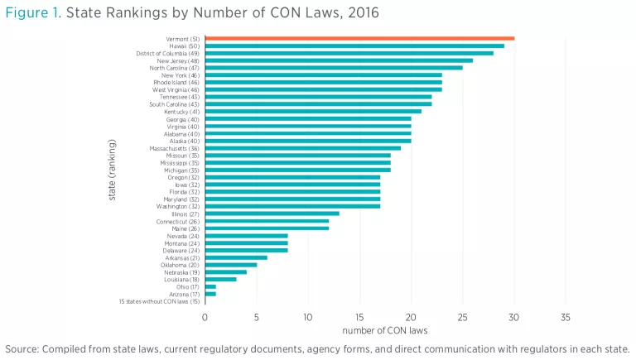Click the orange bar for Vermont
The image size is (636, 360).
(359, 38)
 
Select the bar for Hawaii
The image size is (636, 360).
(354, 46)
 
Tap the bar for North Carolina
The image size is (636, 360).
(334, 68)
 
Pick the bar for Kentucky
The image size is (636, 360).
(313, 112)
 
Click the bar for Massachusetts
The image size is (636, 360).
(303, 148)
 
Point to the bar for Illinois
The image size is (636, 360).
(272, 214)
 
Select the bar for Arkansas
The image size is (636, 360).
(236, 257)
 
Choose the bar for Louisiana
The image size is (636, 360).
(220, 280)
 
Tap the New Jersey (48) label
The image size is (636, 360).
(177, 60)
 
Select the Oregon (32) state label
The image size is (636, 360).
(182, 177)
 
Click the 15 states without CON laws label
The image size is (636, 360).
(160, 301)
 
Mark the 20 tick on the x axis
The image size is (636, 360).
(411, 317)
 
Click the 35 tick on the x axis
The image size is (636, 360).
(566, 317)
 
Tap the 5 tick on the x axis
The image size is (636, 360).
(257, 317)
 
